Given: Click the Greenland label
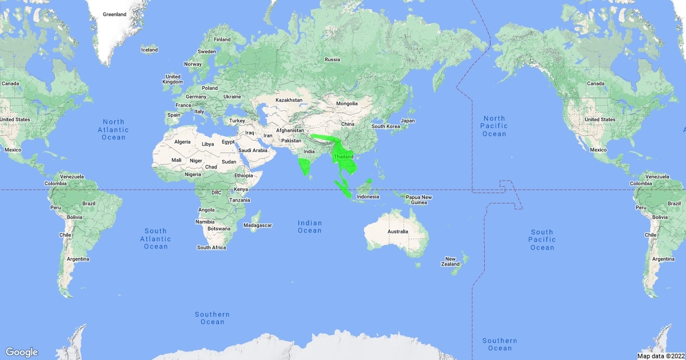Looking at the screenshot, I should pos(114,14).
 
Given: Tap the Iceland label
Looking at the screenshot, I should pos(149,50).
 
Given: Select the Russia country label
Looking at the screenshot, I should pos(332,59).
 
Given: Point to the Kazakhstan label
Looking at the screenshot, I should pos(289,101).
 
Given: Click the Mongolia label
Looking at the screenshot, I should pos(346,103).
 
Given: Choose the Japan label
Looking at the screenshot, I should pos(408,121).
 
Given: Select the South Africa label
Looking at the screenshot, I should pos(212,247).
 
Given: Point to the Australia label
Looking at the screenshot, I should pos(398,231).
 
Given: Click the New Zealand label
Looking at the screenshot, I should pos(450,261).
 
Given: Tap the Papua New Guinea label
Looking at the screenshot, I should pos(419,200).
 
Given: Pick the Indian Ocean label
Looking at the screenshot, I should pos(309,227).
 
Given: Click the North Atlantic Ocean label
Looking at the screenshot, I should pos(113,129).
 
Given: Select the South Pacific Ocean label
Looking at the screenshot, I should pos(542,239).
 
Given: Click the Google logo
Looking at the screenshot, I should pos(22,352).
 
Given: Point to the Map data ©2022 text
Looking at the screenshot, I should pos(660,356).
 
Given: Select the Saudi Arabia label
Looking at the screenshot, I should pos(253,150).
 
